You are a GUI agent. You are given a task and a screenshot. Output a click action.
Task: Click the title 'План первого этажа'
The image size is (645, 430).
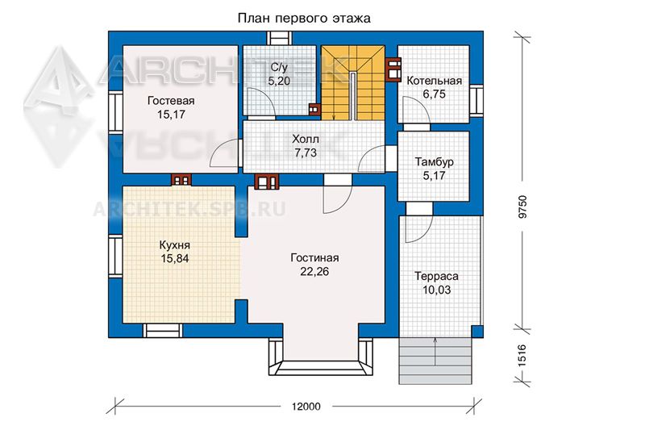click(x=304, y=18)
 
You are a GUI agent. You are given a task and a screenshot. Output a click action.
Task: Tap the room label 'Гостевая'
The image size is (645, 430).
click(x=171, y=101)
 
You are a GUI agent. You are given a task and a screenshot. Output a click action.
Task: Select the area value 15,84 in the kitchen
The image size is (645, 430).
click(x=174, y=259)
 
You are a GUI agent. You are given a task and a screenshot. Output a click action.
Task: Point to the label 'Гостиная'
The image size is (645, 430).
click(x=314, y=258)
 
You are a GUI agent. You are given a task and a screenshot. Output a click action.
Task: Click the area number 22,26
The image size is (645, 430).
click(x=314, y=272)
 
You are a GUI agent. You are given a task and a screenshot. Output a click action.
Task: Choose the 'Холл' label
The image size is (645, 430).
click(x=306, y=139)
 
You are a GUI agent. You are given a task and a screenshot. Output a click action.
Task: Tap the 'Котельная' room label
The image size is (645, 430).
click(x=435, y=81)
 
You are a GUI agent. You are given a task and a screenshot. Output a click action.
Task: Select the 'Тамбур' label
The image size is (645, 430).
click(x=435, y=161)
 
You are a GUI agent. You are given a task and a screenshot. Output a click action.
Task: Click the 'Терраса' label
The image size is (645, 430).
click(x=436, y=276)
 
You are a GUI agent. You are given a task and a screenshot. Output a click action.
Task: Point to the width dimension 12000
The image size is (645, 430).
click(x=306, y=407)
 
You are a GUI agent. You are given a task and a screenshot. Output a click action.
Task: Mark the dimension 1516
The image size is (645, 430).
click(x=522, y=356)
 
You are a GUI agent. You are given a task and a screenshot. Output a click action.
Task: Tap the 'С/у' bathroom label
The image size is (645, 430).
click(x=279, y=67)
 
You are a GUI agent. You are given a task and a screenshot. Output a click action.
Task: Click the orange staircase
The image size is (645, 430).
click(x=353, y=83)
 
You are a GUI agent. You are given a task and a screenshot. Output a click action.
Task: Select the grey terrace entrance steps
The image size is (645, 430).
click(x=435, y=361)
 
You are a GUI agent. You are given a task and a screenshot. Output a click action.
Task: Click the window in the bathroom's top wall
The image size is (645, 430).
click(x=280, y=38)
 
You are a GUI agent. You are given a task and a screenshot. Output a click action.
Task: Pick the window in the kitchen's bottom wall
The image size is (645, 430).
click(x=163, y=331)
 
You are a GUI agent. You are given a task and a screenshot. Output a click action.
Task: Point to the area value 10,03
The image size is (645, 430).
click(x=436, y=290)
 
